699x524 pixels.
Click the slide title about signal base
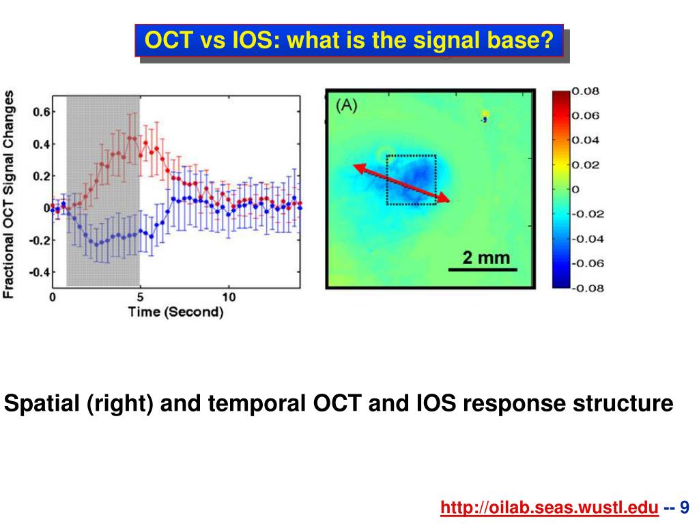(x=349, y=40)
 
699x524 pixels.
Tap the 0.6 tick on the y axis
(x=42, y=111)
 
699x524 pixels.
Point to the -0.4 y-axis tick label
(x=40, y=272)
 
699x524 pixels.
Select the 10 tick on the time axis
(x=229, y=297)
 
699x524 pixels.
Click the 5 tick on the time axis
(x=140, y=297)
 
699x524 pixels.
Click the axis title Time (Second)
(x=175, y=312)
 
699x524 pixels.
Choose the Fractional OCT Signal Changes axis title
(x=8, y=194)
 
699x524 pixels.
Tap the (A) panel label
(x=346, y=106)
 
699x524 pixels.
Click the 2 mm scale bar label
(x=486, y=257)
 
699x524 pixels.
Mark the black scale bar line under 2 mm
(x=483, y=270)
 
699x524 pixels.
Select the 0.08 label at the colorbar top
(x=585, y=91)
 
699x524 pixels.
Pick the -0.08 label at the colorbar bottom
(x=588, y=289)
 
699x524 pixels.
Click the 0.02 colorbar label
(x=585, y=165)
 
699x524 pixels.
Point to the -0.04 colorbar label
(x=588, y=239)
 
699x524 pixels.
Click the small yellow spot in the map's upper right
(x=485, y=115)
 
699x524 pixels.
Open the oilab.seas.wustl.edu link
(x=550, y=507)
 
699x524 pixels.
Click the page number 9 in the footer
(x=684, y=507)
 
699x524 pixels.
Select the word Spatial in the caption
(x=42, y=403)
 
